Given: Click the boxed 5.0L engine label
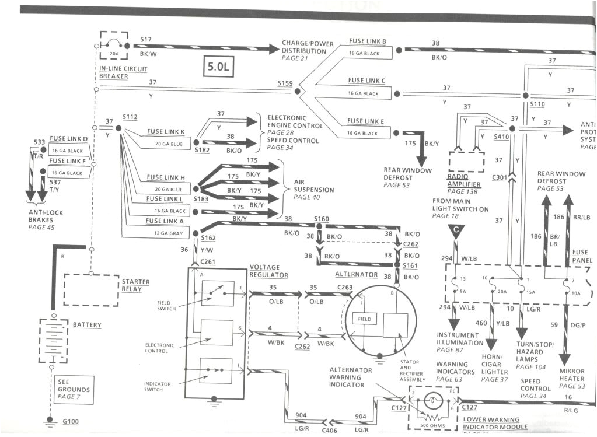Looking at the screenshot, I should click(218, 67).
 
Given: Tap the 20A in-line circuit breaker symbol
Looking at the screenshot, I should click(114, 47).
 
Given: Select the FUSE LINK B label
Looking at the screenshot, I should click(367, 41).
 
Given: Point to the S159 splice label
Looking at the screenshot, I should click(285, 83).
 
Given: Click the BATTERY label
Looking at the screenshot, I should click(87, 325).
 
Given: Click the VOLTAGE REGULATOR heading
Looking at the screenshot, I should click(268, 271).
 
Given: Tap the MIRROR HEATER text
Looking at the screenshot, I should click(572, 375).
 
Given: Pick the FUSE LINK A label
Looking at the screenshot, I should click(165, 221).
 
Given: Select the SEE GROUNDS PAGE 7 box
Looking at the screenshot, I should click(74, 389).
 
